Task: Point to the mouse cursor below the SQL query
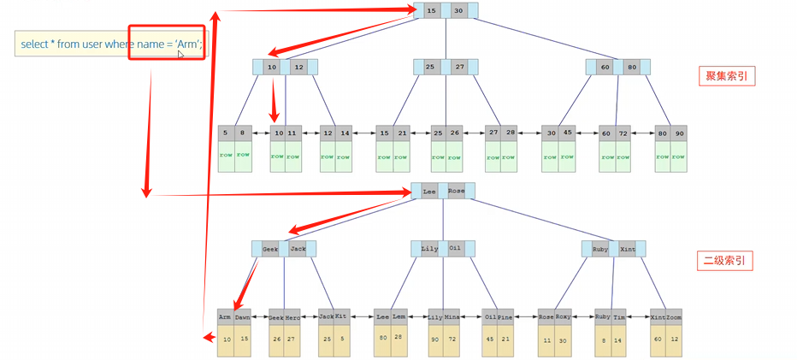tap(180, 55)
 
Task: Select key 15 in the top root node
tap(430, 10)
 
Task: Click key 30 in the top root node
tap(459, 10)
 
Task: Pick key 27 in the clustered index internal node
tap(459, 66)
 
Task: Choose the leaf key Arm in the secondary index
tap(225, 317)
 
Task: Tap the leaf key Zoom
tap(676, 317)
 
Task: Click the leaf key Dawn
tap(243, 317)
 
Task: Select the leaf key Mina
tap(453, 317)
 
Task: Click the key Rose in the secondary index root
tap(457, 191)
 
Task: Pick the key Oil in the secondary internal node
tap(455, 249)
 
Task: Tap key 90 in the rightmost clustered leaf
tap(679, 133)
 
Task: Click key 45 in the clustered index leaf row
tap(568, 133)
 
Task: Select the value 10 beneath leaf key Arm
tap(225, 339)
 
